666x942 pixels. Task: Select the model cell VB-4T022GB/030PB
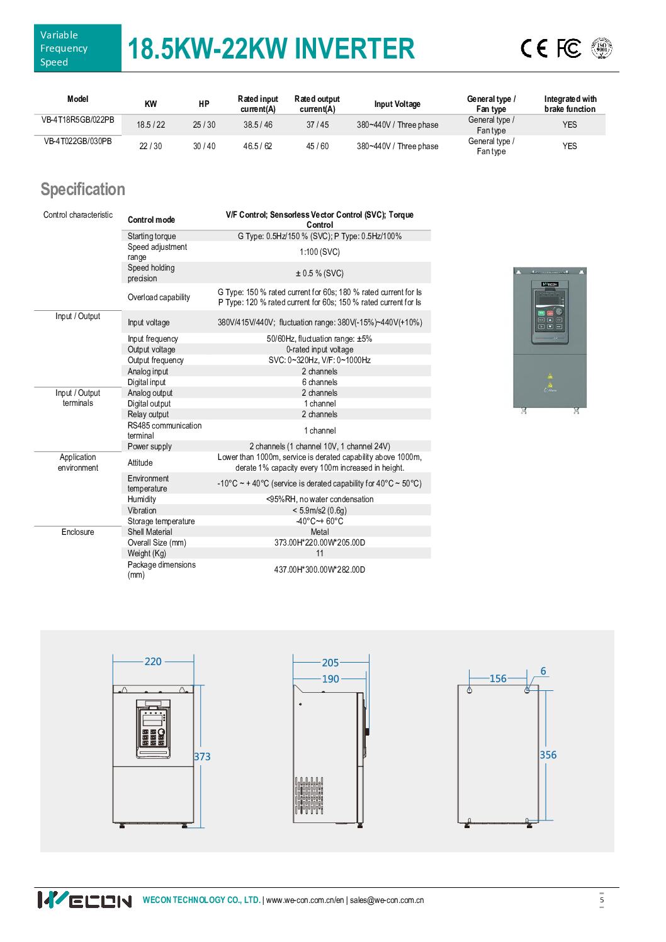click(77, 141)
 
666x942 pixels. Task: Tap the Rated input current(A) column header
click(257, 104)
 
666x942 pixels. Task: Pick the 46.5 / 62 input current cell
click(257, 146)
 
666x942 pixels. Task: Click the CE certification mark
click(535, 48)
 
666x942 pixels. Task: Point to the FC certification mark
click(569, 48)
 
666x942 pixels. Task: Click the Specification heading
click(82, 189)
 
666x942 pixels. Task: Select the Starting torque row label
click(152, 236)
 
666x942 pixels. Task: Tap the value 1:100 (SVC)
click(319, 252)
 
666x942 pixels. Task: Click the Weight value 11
click(320, 553)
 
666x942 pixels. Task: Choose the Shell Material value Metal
click(320, 532)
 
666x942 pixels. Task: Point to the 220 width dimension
click(153, 661)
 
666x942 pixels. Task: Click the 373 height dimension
click(202, 756)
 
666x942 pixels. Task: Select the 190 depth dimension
click(330, 679)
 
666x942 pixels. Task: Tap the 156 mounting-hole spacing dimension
click(498, 678)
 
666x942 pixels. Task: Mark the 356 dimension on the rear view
click(548, 754)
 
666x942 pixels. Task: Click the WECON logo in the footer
click(85, 900)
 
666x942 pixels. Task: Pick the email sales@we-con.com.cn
click(387, 900)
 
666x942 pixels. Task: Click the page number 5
click(602, 900)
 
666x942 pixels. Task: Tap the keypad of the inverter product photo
click(549, 323)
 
